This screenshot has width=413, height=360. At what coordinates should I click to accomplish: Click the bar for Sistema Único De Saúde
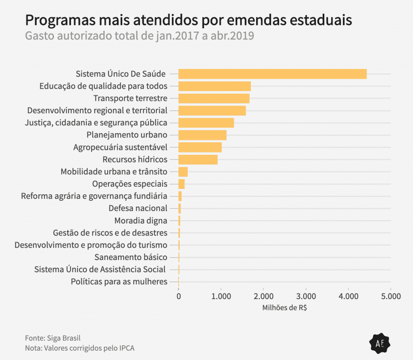coord(272,74)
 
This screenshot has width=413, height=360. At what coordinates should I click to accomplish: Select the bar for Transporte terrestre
coord(214,98)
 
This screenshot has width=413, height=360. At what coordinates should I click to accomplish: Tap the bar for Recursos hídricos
coord(198,159)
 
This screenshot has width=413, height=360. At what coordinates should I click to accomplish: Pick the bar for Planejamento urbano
coord(202,135)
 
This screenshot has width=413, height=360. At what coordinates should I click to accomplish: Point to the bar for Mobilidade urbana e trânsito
coord(183,172)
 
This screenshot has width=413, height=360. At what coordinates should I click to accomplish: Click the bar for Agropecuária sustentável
coord(200,147)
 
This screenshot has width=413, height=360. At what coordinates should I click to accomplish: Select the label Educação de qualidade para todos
coord(103,86)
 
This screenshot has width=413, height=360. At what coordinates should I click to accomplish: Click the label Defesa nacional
coord(138,208)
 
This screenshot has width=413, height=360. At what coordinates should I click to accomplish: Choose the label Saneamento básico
coord(131,257)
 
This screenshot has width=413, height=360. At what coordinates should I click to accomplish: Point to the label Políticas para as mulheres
coord(119,281)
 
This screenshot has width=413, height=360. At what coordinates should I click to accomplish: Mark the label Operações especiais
coord(129,184)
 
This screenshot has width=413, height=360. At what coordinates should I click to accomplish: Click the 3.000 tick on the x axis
coord(306,296)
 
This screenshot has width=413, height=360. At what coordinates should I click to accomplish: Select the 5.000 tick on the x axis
coord(390,296)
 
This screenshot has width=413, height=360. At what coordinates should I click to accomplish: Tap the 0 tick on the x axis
coord(179,296)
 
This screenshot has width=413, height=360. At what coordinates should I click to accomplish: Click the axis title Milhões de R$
coord(284,308)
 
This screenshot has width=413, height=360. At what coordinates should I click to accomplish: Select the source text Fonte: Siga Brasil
coord(50,338)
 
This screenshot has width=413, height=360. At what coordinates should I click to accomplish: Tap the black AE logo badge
coord(380,343)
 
